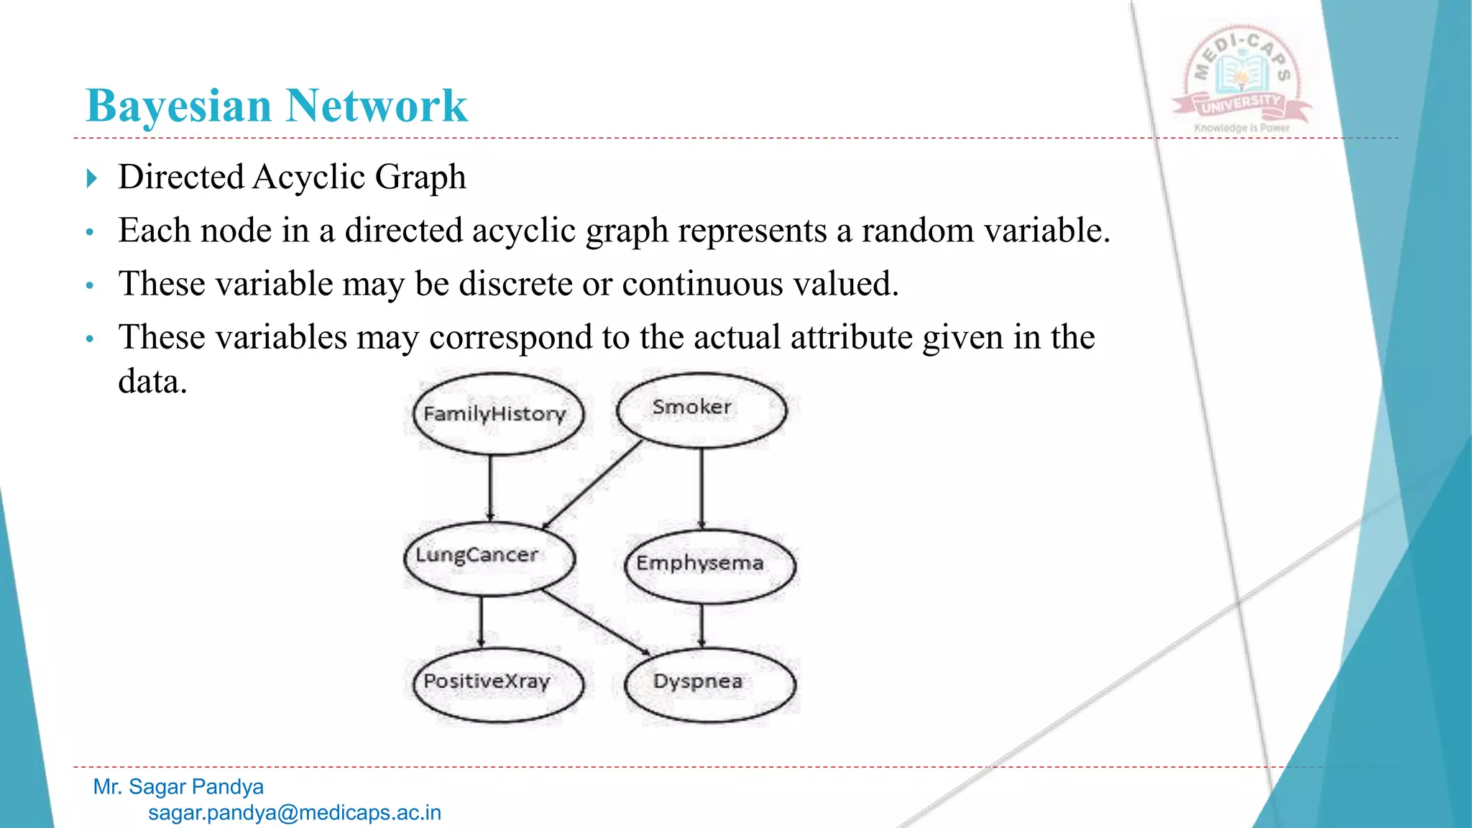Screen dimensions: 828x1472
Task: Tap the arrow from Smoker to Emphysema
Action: [x=701, y=489]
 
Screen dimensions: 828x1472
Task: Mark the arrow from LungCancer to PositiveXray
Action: [x=481, y=621]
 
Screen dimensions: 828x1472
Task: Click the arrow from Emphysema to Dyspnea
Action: [x=701, y=625]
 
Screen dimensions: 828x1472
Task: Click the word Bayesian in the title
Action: [x=178, y=106]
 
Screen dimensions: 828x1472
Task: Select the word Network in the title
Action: [x=377, y=106]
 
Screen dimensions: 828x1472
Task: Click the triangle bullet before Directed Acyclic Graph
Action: [x=91, y=178]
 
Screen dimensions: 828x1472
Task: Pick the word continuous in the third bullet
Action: [x=702, y=283]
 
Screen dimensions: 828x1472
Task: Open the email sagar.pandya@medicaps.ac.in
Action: [x=295, y=813]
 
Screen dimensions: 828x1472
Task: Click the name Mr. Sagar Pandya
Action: [x=178, y=787]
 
